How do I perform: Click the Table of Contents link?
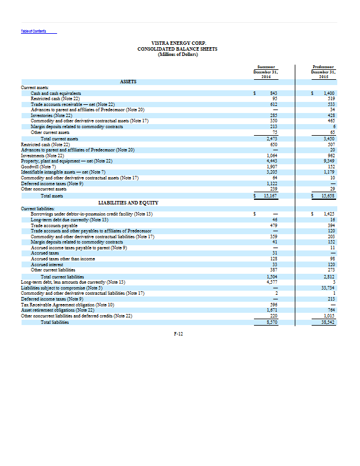tap(34, 31)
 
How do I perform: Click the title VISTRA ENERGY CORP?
tap(177, 43)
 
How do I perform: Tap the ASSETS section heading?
tap(129, 82)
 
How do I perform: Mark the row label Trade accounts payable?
tap(54, 224)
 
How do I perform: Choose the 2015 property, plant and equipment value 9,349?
tap(331, 160)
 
